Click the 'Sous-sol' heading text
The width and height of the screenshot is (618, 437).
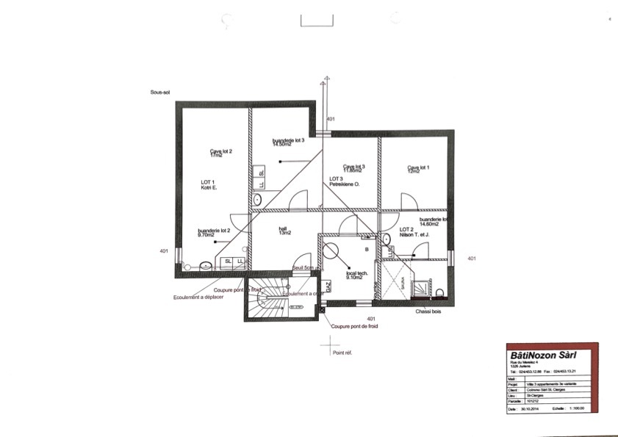coord(161,93)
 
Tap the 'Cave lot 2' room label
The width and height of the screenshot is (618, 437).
coord(220,151)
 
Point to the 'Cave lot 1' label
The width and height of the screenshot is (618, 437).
coord(418,167)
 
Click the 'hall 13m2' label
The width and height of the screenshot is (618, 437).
coord(283,230)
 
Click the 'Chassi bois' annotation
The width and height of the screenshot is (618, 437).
coord(428,311)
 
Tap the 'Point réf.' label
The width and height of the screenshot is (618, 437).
coord(342,353)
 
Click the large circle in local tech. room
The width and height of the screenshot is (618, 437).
coord(331,249)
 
